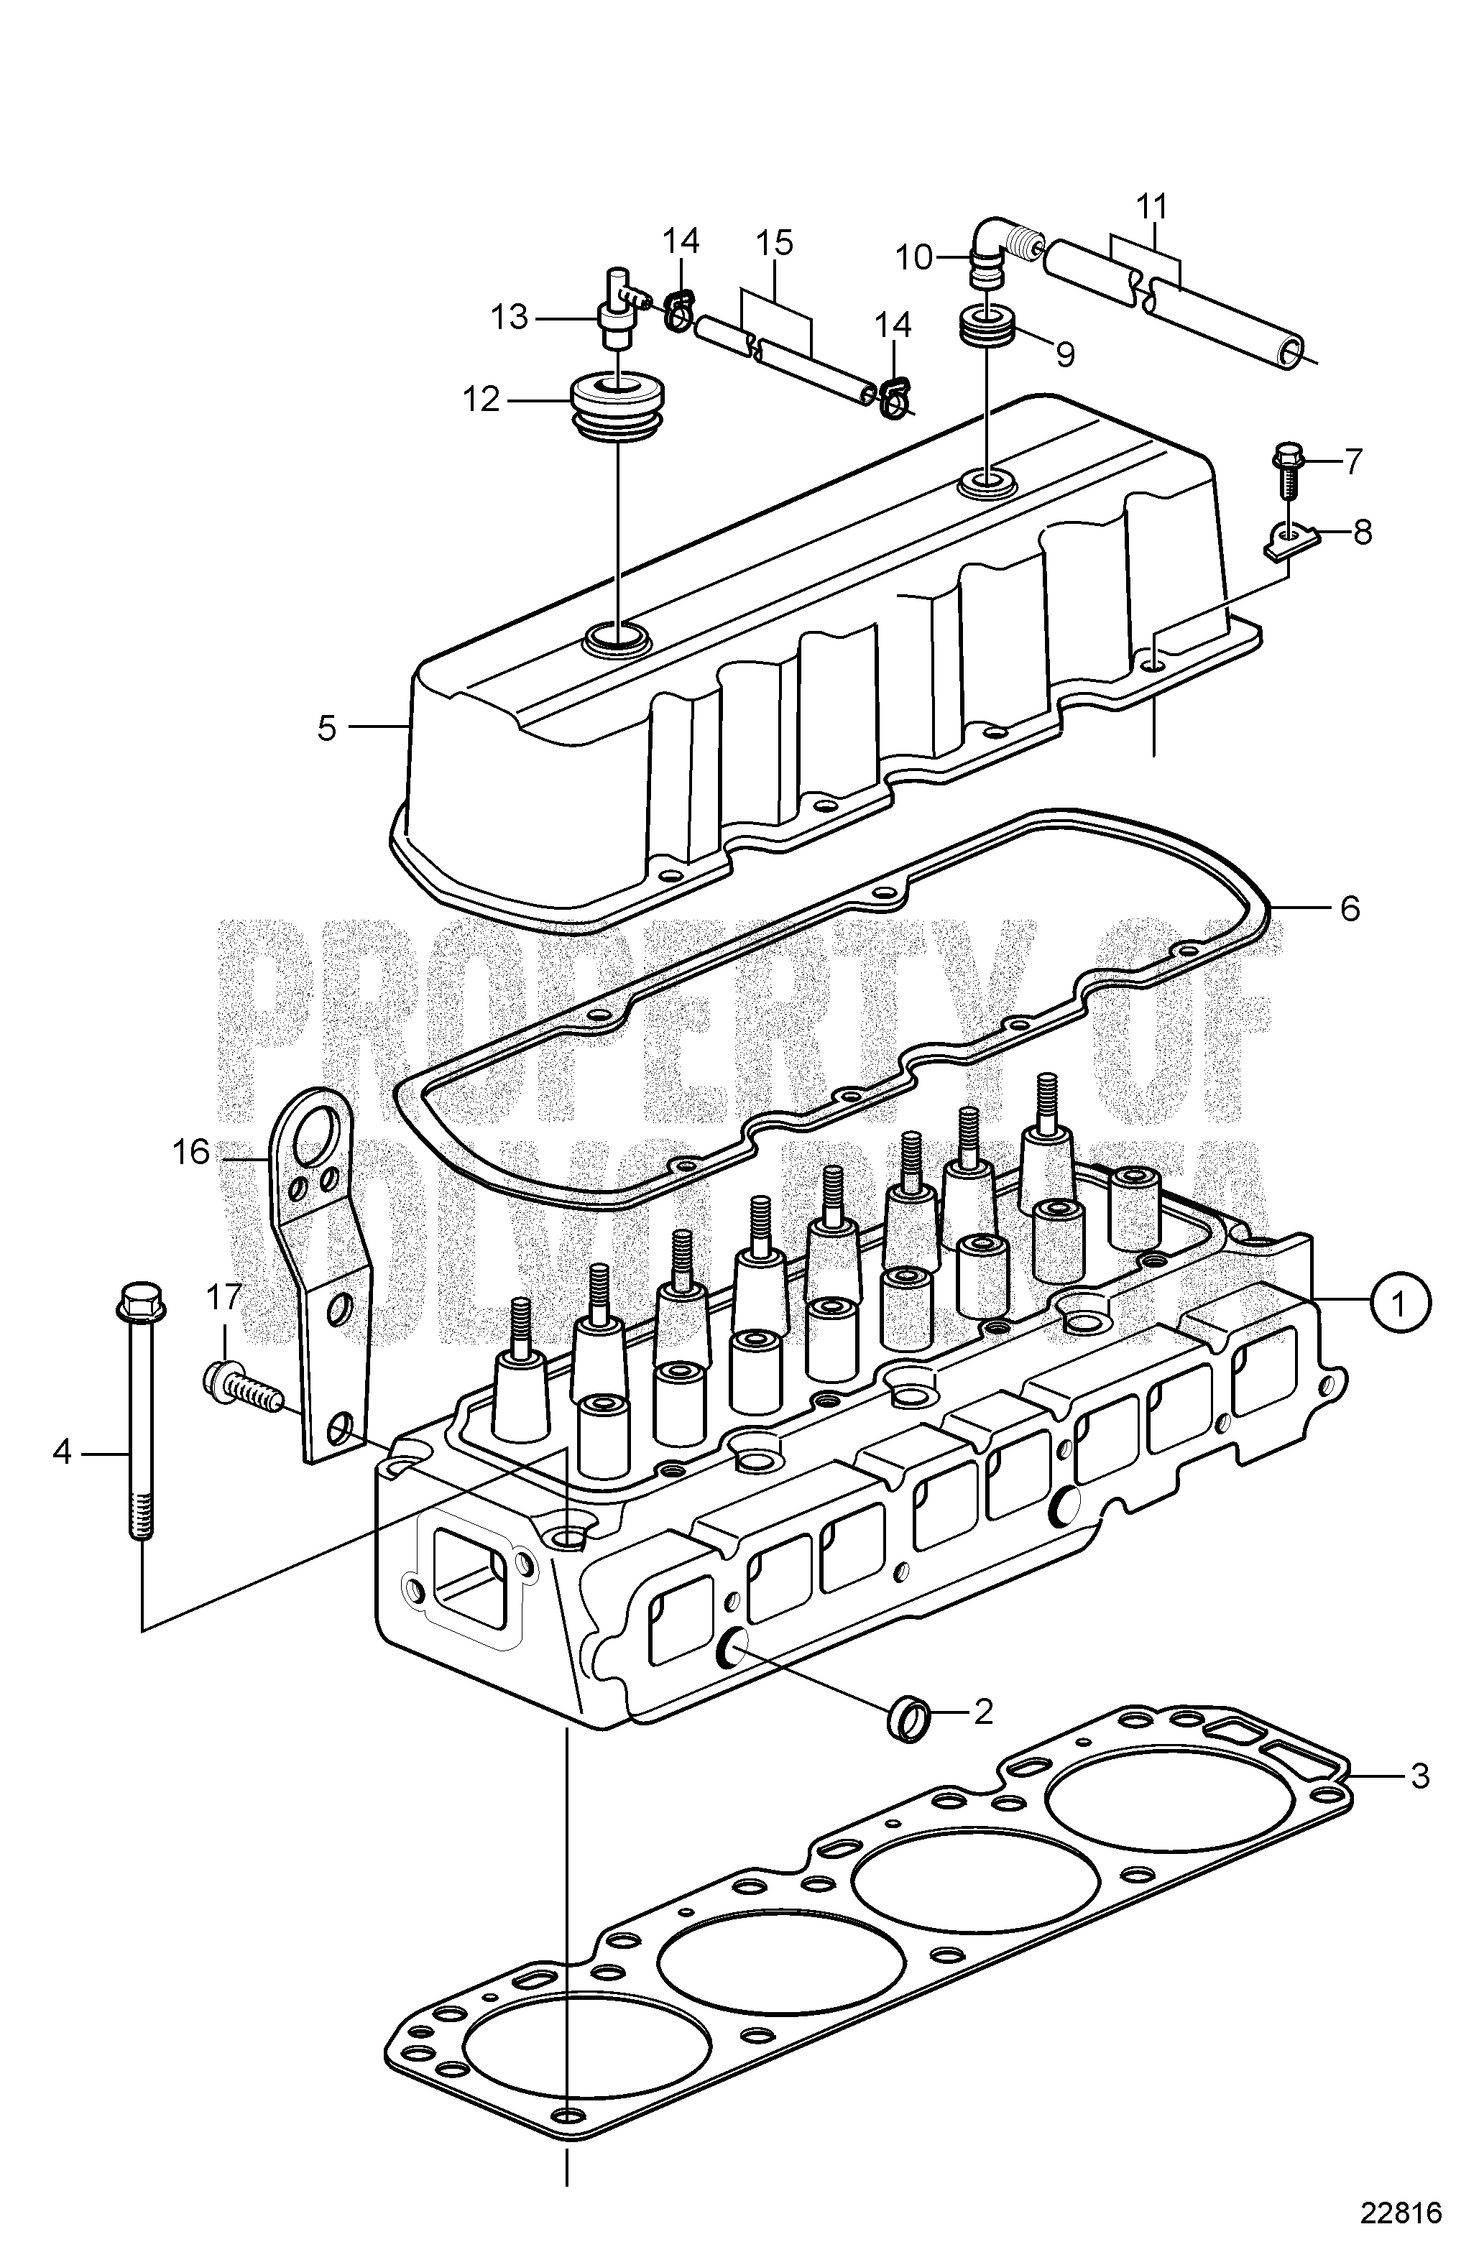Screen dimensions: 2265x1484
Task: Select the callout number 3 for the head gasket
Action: click(1419, 1775)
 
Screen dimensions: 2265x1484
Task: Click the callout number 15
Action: click(776, 243)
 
